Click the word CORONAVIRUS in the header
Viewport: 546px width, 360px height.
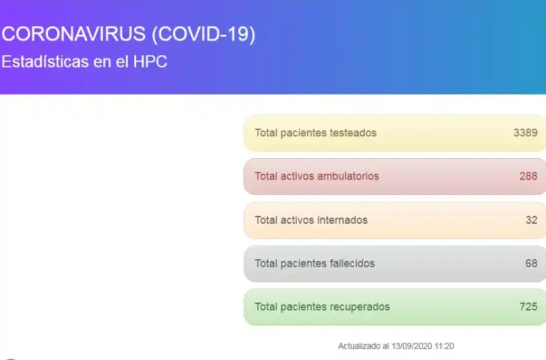pyautogui.click(x=73, y=34)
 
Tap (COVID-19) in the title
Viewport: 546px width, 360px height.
pyautogui.click(x=204, y=35)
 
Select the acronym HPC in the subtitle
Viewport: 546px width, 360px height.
pyautogui.click(x=150, y=62)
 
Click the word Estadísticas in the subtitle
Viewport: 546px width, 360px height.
pyautogui.click(x=45, y=62)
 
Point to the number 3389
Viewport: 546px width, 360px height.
pyautogui.click(x=525, y=133)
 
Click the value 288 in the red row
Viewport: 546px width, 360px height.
pyautogui.click(x=528, y=176)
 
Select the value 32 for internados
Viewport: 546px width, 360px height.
pyautogui.click(x=531, y=220)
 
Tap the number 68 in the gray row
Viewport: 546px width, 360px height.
pyautogui.click(x=531, y=263)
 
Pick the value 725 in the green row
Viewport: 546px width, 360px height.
pyautogui.click(x=528, y=307)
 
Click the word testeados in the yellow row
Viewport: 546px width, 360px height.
pyautogui.click(x=353, y=133)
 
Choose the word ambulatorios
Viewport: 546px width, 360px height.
pyautogui.click(x=348, y=176)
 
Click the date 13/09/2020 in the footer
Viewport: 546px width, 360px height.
pyautogui.click(x=412, y=346)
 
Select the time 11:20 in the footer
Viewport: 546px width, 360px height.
pyautogui.click(x=445, y=346)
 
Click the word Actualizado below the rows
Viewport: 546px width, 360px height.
pyautogui.click(x=359, y=346)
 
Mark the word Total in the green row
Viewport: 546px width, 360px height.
pyautogui.click(x=266, y=307)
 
